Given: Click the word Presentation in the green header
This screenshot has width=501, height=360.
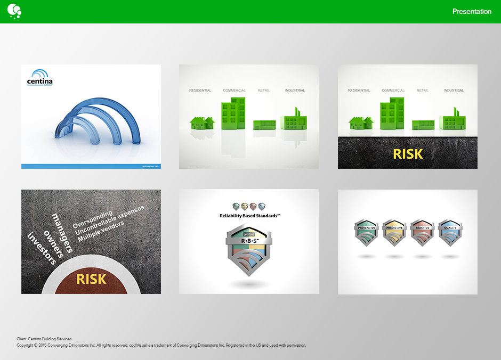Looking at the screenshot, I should point(472,12).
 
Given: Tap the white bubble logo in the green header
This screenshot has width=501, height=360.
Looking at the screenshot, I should point(14,11).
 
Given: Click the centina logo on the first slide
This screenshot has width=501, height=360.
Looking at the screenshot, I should point(40,78).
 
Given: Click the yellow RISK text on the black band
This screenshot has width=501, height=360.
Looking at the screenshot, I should point(408,154).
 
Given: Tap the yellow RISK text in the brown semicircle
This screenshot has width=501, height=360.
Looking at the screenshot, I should point(91,279).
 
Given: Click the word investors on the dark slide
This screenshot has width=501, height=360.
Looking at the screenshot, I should point(42,248).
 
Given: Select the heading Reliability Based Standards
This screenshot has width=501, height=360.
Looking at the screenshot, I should point(249,216).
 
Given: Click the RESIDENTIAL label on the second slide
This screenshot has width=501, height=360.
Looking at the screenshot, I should point(200,91).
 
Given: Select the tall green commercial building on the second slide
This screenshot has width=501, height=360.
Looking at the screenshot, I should point(233,113).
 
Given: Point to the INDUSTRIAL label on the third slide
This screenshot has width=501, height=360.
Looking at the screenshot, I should point(454,91).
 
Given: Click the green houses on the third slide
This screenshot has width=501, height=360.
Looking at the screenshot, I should point(361,123).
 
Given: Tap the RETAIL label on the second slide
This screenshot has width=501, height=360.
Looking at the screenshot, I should point(264,91).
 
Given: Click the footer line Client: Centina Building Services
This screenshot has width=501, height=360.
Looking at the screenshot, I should point(44,339).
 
